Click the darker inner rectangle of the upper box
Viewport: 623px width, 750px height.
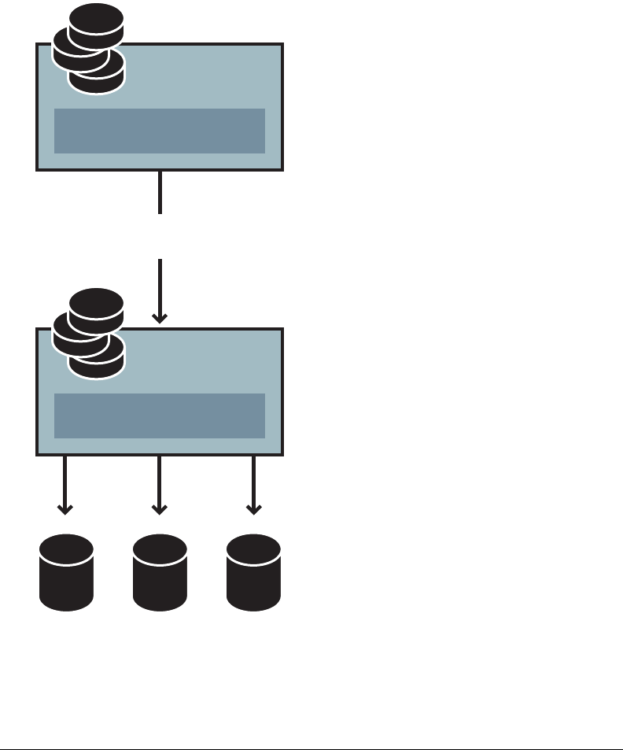(x=160, y=131)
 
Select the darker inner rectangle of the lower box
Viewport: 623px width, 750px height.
(x=160, y=416)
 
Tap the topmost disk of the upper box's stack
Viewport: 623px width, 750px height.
(x=96, y=22)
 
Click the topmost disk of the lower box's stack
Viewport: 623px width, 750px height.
(x=96, y=307)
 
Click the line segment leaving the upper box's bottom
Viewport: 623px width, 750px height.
(x=160, y=192)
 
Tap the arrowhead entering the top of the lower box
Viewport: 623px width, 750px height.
(x=160, y=317)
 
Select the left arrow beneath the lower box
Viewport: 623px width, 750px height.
(x=65, y=485)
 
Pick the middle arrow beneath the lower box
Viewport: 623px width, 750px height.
(x=160, y=485)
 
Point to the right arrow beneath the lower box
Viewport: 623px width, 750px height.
(x=253, y=485)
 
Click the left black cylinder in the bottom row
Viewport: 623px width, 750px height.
(x=66, y=575)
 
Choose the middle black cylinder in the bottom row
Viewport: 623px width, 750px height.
(x=160, y=575)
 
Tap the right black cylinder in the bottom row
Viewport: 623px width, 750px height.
(x=253, y=575)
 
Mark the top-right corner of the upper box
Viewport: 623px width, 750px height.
(x=282, y=45)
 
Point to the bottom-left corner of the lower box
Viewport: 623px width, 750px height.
(x=38, y=454)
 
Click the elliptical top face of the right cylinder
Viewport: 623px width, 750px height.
(x=253, y=546)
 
